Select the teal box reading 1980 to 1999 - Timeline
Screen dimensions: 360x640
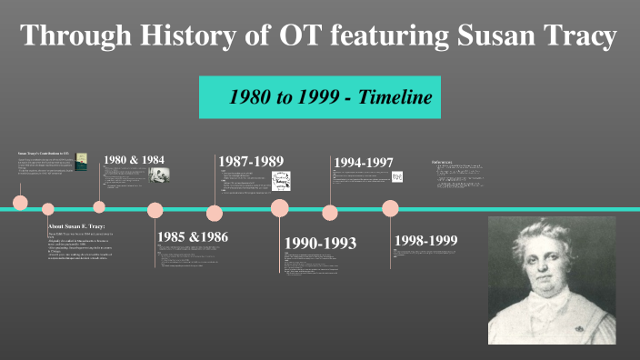tap(320, 97)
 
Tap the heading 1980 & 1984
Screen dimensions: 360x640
tap(134, 160)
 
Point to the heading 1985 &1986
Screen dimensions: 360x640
tap(192, 237)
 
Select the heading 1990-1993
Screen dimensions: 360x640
tap(320, 244)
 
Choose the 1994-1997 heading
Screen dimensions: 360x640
tap(364, 163)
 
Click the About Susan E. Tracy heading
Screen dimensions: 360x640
tap(77, 226)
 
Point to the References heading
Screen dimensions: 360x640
tap(449, 162)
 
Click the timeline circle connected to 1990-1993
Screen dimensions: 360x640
tap(280, 208)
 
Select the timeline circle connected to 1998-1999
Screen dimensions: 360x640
tap(390, 208)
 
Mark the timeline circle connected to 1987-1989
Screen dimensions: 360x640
tap(215, 214)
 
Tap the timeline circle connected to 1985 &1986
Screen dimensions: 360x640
tap(155, 210)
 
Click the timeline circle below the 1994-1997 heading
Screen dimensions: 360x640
tap(329, 214)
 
